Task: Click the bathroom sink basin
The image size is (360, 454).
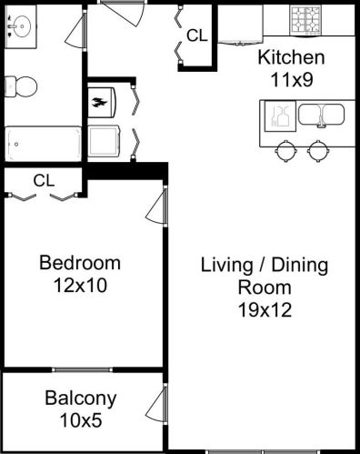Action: pyautogui.click(x=22, y=26)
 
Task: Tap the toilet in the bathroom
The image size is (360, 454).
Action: pyautogui.click(x=21, y=86)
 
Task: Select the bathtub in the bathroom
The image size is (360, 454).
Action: pyautogui.click(x=44, y=144)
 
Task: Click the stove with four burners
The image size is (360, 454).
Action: pyautogui.click(x=305, y=20)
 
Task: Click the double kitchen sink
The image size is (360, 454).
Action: pyautogui.click(x=321, y=115)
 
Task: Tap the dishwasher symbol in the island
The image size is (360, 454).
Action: pyautogui.click(x=280, y=116)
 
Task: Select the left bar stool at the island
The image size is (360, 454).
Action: pyautogui.click(x=285, y=150)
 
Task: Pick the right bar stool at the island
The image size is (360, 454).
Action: pyautogui.click(x=317, y=150)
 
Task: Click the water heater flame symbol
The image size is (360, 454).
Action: pyautogui.click(x=100, y=103)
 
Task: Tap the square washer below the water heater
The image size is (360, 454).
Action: pyautogui.click(x=104, y=141)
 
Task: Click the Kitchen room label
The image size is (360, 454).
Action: pyautogui.click(x=291, y=57)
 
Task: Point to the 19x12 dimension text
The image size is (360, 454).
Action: pyautogui.click(x=265, y=309)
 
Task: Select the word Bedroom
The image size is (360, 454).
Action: pyautogui.click(x=80, y=263)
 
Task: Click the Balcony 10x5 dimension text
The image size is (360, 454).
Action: pyautogui.click(x=81, y=420)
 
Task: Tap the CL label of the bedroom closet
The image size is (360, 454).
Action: pyautogui.click(x=45, y=180)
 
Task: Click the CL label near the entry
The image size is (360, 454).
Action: pyautogui.click(x=197, y=35)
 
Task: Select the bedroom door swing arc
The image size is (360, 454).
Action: pyautogui.click(x=152, y=209)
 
